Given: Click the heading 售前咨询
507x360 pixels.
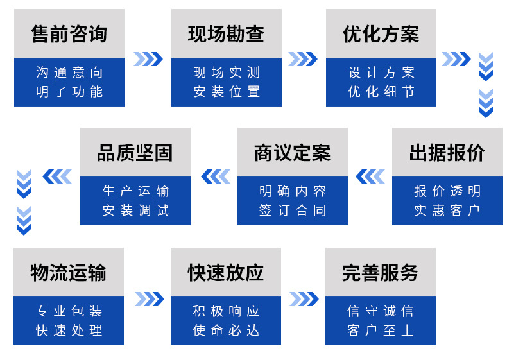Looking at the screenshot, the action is tap(69, 34).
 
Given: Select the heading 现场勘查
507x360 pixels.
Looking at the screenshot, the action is tap(226, 34).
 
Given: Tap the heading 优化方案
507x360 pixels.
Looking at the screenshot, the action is tap(381, 34).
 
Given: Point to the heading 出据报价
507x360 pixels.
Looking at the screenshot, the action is tap(447, 153).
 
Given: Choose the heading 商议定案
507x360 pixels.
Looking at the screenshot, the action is tap(293, 153).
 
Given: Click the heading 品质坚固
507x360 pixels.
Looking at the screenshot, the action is tap(135, 153).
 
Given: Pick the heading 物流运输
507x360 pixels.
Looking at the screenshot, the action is tap(69, 273).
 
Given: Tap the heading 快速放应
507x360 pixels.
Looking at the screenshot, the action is tap(226, 273).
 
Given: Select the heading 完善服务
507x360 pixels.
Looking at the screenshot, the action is tap(381, 273).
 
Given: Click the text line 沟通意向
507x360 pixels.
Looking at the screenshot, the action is tap(69, 73).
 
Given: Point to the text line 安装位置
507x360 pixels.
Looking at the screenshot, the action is tap(227, 92).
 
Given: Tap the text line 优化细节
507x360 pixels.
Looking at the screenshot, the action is tap(381, 92).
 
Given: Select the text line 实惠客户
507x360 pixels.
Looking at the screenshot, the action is tap(447, 210).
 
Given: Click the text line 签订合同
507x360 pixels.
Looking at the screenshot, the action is tap(293, 210).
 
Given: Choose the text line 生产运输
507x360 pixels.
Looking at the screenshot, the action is tap(135, 191).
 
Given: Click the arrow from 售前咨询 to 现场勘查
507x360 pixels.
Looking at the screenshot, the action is tap(148, 59).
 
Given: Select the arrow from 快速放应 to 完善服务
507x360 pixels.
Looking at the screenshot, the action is tap(304, 299).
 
